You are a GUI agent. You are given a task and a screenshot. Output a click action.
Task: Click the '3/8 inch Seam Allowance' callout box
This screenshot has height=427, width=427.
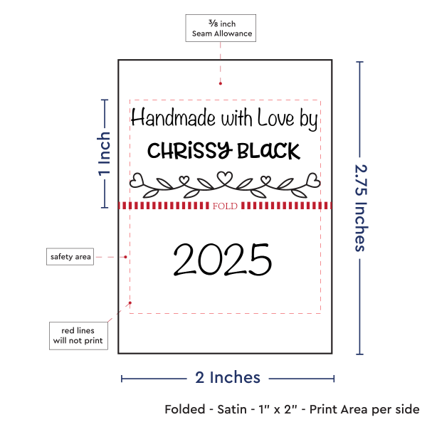(221, 28)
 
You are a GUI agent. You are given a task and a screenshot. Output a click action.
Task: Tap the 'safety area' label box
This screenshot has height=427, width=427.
(70, 256)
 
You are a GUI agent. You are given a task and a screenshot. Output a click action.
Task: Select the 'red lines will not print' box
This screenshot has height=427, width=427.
(78, 336)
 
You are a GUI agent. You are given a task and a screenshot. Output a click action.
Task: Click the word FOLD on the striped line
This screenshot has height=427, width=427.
(225, 206)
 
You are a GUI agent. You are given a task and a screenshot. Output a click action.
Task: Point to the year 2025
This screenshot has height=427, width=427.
(223, 260)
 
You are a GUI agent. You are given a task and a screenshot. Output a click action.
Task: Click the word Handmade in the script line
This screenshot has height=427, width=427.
(173, 117)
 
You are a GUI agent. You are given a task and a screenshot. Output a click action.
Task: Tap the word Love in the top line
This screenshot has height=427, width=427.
(275, 117)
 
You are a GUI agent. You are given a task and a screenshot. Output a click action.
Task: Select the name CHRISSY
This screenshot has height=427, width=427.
(190, 151)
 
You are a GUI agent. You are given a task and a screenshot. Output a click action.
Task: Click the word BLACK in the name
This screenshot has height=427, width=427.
(269, 151)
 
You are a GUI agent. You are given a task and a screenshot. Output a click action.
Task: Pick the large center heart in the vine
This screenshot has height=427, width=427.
(225, 177)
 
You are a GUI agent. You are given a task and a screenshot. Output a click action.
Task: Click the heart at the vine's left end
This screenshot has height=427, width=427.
(137, 180)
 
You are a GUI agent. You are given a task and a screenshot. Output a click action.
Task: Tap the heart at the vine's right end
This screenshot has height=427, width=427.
(313, 180)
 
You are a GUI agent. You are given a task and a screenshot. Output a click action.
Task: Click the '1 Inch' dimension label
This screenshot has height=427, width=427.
(105, 154)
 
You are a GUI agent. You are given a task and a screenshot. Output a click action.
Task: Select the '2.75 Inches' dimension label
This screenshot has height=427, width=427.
(362, 209)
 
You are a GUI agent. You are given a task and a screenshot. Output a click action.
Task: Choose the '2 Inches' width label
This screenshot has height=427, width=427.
(228, 378)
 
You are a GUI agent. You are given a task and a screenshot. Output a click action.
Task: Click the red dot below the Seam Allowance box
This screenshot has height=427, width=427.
(221, 83)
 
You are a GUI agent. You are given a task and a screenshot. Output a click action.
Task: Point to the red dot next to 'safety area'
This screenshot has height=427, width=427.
(125, 257)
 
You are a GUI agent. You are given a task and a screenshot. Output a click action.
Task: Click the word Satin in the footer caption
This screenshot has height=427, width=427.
(232, 409)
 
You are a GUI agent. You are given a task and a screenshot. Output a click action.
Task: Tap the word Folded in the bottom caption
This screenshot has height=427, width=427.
(185, 409)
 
